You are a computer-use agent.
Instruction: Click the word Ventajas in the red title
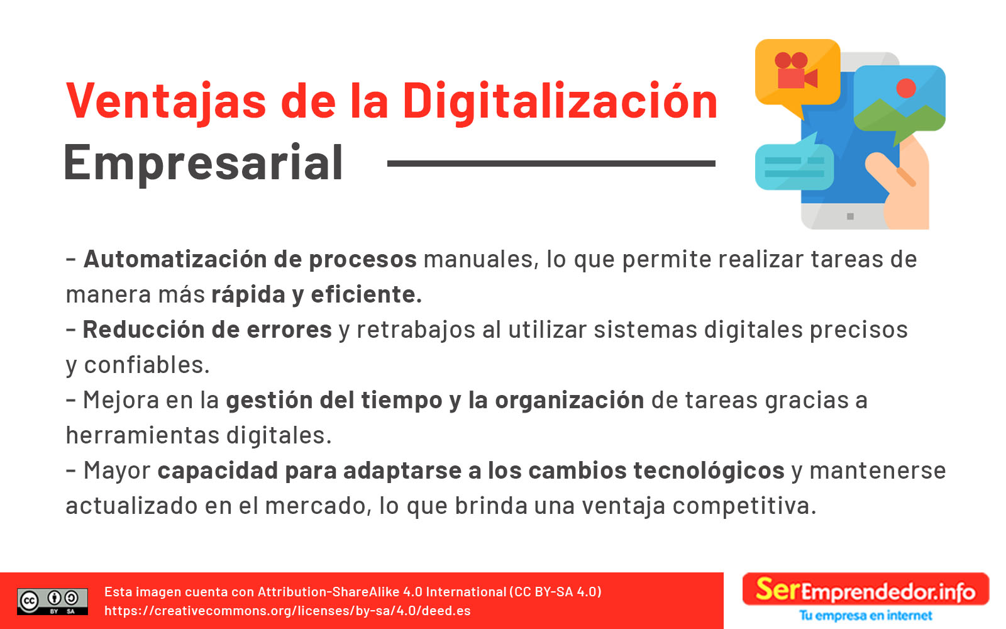pos(166,103)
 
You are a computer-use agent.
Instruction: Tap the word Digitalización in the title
pos(560,103)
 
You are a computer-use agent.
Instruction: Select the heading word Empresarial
pos(204,164)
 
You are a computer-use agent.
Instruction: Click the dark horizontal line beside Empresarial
pos(551,164)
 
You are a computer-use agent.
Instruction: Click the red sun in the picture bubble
pos(906,88)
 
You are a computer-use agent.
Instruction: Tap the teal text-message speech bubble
pos(794,164)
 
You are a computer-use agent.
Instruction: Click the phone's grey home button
pos(850,216)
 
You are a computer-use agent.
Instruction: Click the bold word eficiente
pos(367,295)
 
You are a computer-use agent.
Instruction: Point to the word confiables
pos(147,365)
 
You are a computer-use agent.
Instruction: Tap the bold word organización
pos(570,401)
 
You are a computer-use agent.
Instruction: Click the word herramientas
pos(142,435)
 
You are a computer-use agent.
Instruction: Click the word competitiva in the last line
pos(744,506)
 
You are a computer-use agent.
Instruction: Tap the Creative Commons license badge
pos(53,601)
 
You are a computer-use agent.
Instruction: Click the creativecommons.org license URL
pos(287,611)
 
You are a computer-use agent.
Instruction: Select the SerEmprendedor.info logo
pos(865,589)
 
